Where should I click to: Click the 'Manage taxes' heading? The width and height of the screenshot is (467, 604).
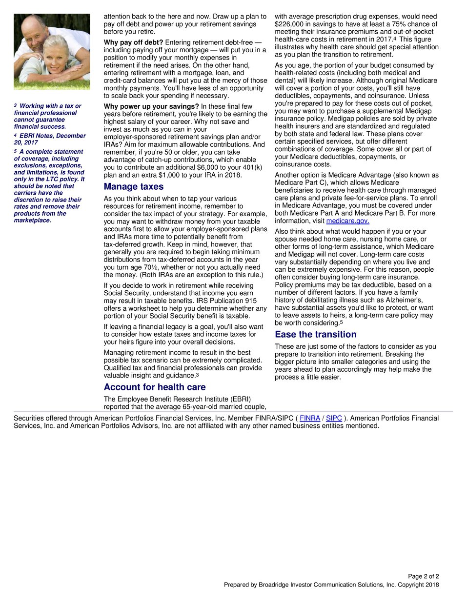(134, 187)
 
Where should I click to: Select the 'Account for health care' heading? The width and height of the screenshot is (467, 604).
(155, 387)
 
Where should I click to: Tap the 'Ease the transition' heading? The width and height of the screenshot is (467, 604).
(315, 335)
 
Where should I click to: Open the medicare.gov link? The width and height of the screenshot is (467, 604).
(347, 221)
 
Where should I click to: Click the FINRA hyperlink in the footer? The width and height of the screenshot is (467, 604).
(310, 418)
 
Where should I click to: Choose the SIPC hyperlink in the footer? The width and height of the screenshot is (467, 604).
(334, 418)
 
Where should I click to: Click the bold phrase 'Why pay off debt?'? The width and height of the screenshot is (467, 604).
(133, 42)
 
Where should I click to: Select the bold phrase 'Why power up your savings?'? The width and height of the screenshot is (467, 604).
(151, 106)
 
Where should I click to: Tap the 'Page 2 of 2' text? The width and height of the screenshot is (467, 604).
(423, 576)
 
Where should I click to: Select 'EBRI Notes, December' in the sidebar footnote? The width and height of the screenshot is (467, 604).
(52, 136)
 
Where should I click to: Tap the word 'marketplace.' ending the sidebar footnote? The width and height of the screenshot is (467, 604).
(33, 221)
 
